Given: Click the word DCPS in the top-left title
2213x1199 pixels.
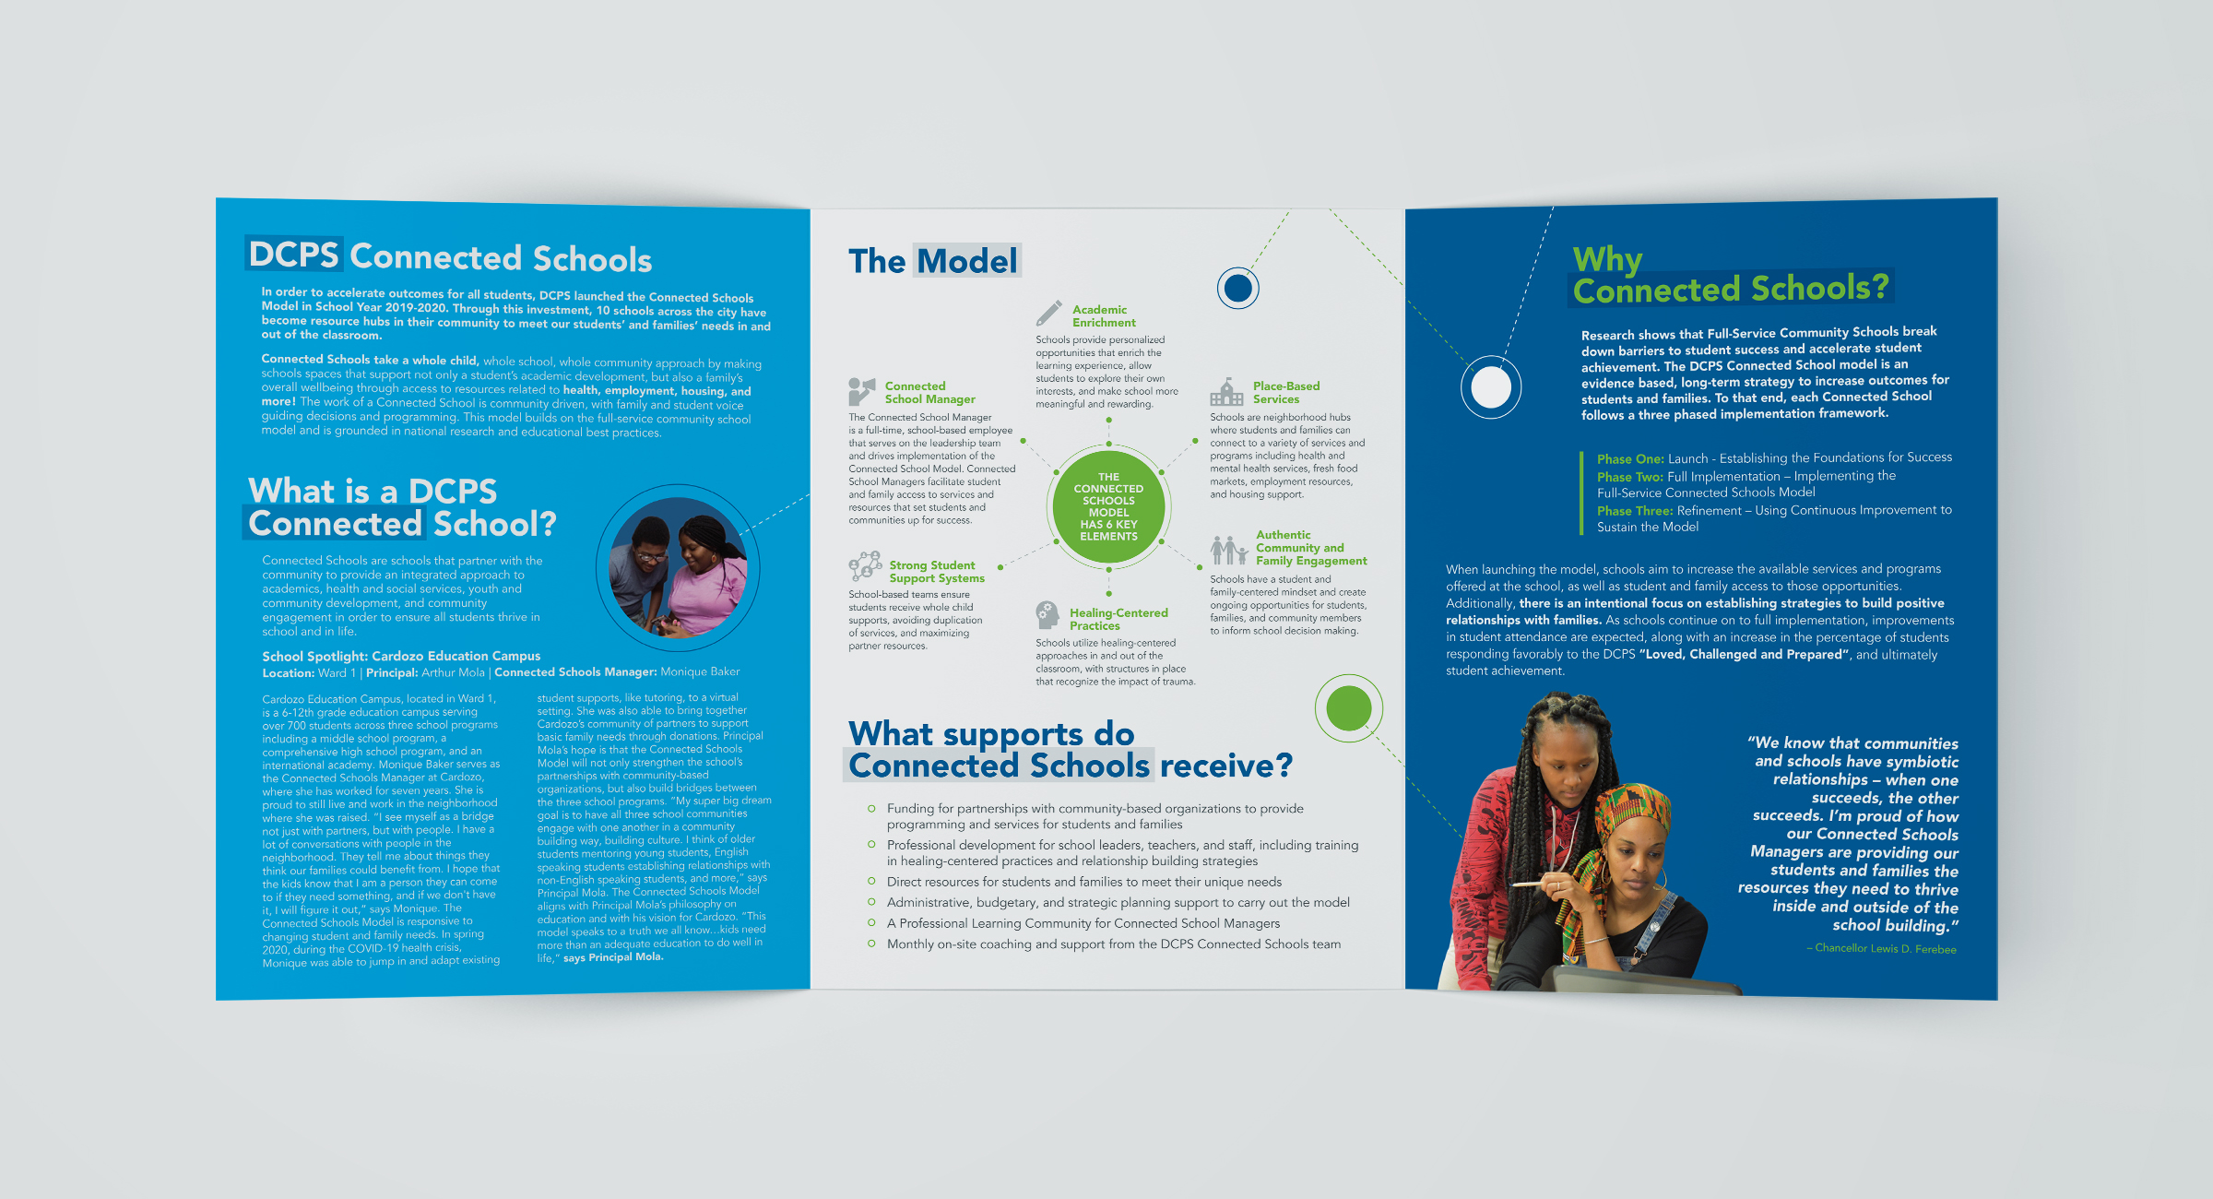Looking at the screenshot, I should click(x=293, y=254).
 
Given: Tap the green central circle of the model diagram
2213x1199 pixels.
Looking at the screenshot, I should click(x=1108, y=507).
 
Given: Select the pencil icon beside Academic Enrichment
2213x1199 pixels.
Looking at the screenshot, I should click(x=1048, y=314).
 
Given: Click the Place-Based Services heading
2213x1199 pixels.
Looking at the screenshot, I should click(x=1285, y=393).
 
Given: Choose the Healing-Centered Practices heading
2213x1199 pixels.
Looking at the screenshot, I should click(x=1118, y=619).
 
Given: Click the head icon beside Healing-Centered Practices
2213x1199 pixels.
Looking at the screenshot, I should click(x=1047, y=614).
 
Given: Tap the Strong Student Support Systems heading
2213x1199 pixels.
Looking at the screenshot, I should click(x=936, y=572).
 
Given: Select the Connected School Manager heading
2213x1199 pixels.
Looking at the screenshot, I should click(x=929, y=393).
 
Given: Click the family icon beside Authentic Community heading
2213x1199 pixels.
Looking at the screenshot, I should click(x=1228, y=550).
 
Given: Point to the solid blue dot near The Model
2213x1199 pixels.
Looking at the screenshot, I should click(x=1237, y=289).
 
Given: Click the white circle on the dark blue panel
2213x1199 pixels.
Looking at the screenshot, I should click(x=1490, y=386).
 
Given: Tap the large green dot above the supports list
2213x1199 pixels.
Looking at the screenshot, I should click(x=1348, y=708).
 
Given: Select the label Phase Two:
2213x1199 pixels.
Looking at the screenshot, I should click(x=1629, y=477).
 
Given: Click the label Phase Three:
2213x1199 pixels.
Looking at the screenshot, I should click(x=1634, y=511).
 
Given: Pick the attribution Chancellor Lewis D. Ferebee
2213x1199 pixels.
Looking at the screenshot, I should click(x=1885, y=948).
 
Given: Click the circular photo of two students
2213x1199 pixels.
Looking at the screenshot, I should click(x=679, y=568).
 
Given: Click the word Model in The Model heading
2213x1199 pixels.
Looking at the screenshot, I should click(x=967, y=261).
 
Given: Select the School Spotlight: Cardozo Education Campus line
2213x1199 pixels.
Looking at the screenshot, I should click(x=401, y=656).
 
